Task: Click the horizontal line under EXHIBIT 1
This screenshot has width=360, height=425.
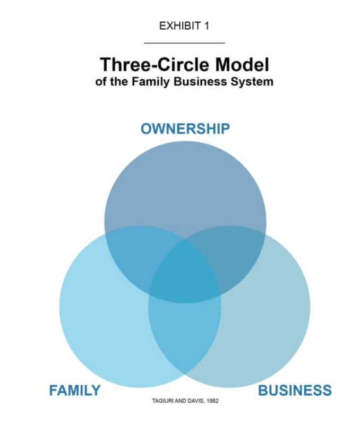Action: click(184, 42)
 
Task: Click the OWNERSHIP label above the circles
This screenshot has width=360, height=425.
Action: click(185, 129)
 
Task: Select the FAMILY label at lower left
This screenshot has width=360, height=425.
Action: click(75, 390)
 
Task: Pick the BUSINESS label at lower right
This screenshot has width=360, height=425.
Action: click(295, 390)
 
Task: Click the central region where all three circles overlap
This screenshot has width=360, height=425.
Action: click(185, 271)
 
